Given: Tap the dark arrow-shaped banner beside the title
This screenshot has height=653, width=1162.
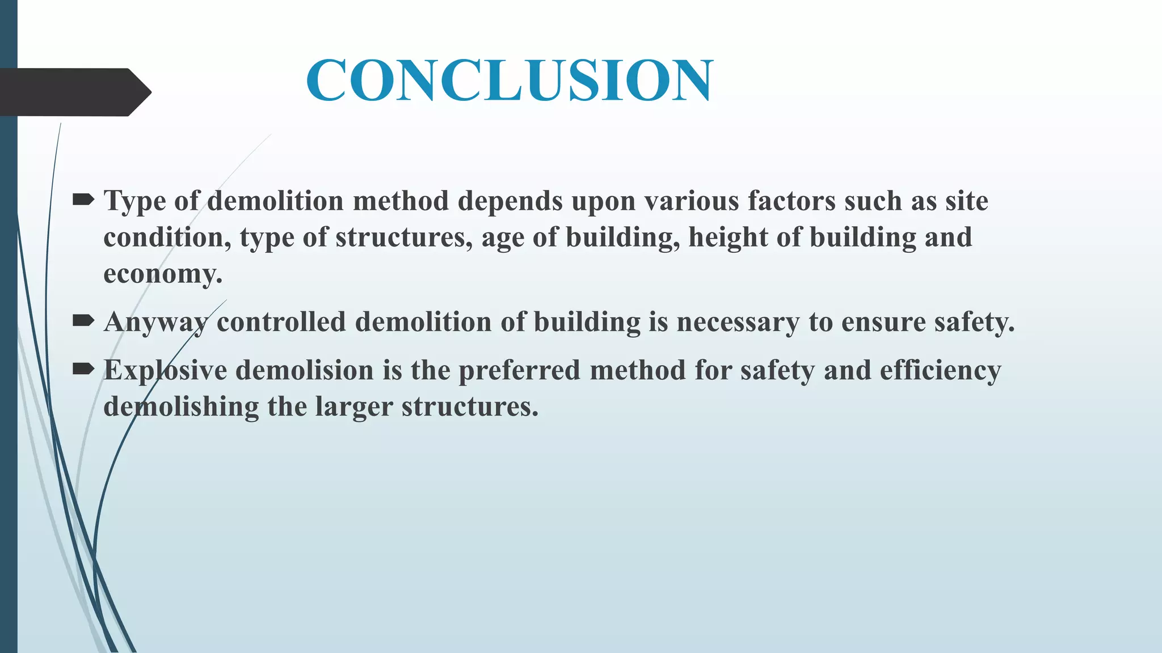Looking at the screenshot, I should tap(74, 92).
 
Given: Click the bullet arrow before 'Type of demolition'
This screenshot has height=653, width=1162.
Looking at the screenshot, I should tap(83, 199).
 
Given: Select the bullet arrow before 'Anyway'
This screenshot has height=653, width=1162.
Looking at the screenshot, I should tap(83, 321).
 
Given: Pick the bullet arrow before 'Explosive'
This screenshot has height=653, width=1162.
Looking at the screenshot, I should tap(83, 370).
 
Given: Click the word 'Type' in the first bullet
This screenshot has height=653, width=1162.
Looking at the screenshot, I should tap(134, 201).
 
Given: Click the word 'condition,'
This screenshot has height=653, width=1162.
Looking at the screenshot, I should tap(167, 238).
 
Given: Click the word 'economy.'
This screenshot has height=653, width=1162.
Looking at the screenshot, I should tap(163, 274).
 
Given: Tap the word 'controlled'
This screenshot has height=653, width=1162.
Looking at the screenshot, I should tap(281, 322).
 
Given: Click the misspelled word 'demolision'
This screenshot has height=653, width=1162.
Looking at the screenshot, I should tap(305, 371).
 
